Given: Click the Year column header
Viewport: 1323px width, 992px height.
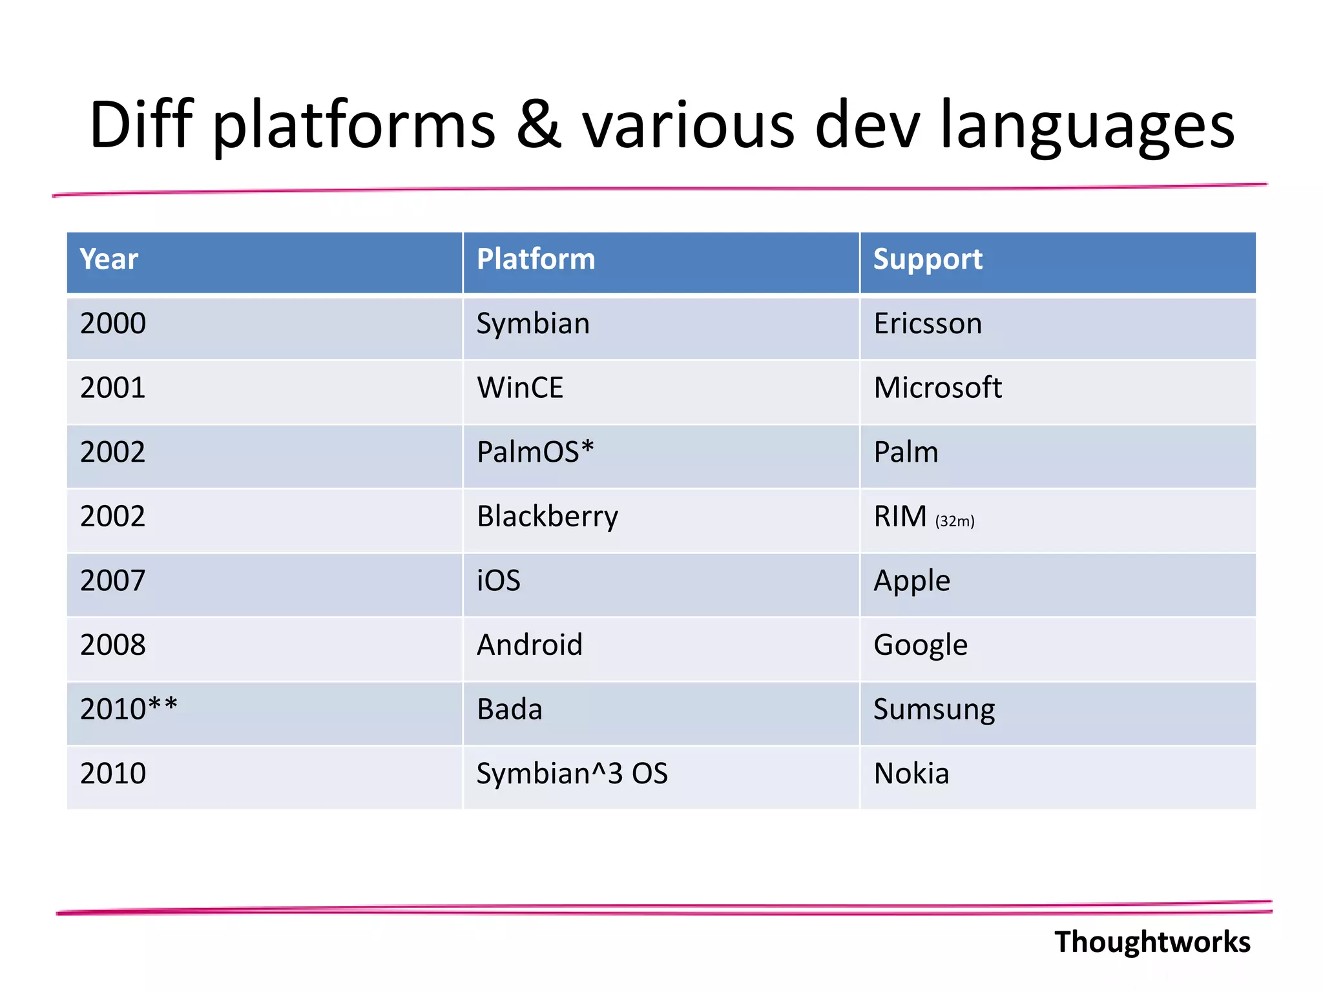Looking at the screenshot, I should click(x=109, y=260).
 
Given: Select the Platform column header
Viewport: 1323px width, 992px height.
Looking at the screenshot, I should click(x=536, y=260).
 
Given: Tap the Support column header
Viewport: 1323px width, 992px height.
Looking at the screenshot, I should click(x=928, y=260).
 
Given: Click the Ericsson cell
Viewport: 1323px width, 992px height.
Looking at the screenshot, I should click(x=928, y=324).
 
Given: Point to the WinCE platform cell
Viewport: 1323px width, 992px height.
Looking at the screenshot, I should click(x=520, y=388).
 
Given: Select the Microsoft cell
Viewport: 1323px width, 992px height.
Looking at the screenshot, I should click(x=937, y=388).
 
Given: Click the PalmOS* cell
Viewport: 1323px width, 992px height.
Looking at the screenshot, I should click(x=535, y=452).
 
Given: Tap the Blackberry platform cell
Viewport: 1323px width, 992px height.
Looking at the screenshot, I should click(x=547, y=517).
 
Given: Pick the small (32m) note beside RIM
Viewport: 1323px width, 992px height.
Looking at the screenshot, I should click(x=955, y=521).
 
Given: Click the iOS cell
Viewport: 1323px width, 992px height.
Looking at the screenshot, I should click(x=499, y=581).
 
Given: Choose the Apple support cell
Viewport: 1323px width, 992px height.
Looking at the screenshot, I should click(x=912, y=581).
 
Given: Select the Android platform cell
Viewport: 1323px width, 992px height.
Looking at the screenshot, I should click(x=530, y=645).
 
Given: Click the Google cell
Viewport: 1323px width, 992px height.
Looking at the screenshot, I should click(x=921, y=645).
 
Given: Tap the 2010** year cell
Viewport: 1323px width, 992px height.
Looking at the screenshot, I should click(x=129, y=709).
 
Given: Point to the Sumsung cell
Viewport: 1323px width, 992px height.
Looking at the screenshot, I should click(x=934, y=709).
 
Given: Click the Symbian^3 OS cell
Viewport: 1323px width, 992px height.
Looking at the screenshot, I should click(x=572, y=774).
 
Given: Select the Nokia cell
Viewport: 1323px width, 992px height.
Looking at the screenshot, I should click(x=912, y=774).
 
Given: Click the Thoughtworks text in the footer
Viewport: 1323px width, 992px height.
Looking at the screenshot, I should click(x=1152, y=942).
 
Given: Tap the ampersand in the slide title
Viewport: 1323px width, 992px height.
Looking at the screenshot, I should click(x=539, y=125).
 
